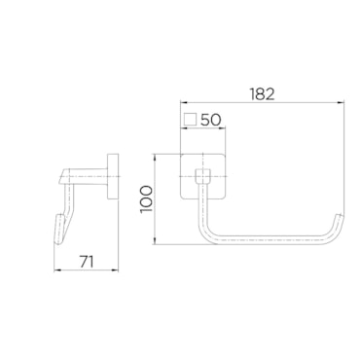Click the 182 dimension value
pos(263,93)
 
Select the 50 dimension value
pos(210,120)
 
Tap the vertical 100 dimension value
pos(146,199)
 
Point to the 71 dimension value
pos(87,262)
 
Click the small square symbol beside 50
pos(190,120)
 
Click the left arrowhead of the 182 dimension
pos(184,103)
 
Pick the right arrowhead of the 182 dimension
pos(341,103)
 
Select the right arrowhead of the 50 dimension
pos(222,128)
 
